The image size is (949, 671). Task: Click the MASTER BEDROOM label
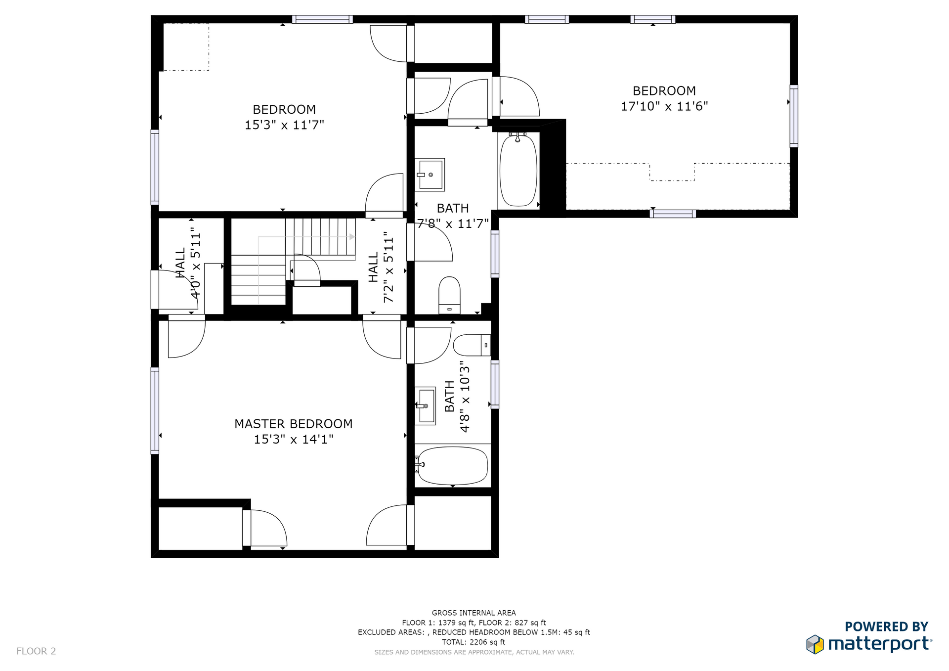tap(294, 424)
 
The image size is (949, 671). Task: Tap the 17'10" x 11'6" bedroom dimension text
tap(664, 106)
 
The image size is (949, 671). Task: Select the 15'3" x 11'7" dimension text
tap(284, 125)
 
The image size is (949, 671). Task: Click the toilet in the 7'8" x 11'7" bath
tap(449, 295)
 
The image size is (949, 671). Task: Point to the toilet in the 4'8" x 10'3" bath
tap(472, 345)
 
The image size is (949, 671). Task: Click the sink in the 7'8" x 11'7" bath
tap(430, 175)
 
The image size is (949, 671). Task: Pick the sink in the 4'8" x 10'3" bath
tap(425, 406)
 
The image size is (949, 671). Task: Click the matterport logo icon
tap(815, 644)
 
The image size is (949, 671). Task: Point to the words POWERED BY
tap(887, 626)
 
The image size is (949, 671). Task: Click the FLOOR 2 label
tap(36, 651)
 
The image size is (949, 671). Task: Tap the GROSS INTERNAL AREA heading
tap(474, 613)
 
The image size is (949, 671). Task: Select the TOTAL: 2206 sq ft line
tap(474, 642)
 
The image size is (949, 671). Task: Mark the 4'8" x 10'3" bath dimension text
tap(465, 397)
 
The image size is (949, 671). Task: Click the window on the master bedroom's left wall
tap(155, 410)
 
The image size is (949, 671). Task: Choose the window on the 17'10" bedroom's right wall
tap(794, 116)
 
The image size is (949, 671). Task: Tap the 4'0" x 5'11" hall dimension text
tap(196, 263)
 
